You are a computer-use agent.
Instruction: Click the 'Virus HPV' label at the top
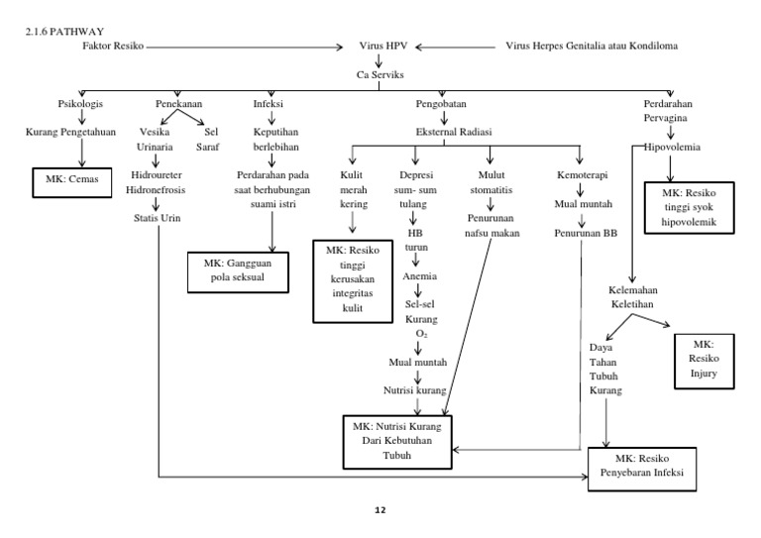(x=380, y=46)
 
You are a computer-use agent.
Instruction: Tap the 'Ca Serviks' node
(x=380, y=74)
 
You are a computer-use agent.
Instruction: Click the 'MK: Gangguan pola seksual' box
(x=244, y=271)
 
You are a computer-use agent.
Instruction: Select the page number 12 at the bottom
(x=380, y=511)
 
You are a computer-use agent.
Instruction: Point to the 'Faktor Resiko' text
(x=113, y=46)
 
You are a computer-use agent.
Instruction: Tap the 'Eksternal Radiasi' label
(x=456, y=131)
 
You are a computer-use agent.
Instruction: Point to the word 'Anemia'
(x=419, y=276)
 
